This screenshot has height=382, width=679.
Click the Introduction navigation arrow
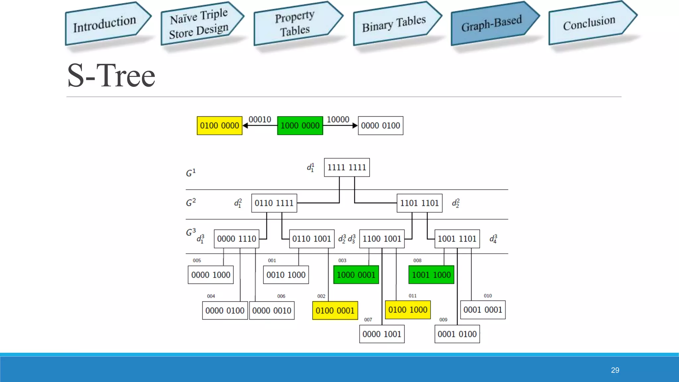pos(105,24)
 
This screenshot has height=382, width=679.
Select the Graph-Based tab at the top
pos(492,24)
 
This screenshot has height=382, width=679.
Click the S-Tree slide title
pos(111,76)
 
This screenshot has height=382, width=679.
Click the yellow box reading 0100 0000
pos(219,126)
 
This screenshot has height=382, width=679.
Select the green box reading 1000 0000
pos(300,126)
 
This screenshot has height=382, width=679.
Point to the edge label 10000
pos(338,119)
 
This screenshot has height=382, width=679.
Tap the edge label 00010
pos(260,119)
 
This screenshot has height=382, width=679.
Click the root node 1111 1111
pos(347,167)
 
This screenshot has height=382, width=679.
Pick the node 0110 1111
pos(274,203)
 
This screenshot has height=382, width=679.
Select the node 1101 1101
pos(419,203)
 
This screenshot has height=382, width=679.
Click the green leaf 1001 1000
pos(431,275)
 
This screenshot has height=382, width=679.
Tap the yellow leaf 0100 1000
pos(408,310)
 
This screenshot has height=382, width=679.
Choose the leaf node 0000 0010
pos(272,311)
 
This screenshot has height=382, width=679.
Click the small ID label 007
pos(368,320)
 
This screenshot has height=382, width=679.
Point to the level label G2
pos(191,202)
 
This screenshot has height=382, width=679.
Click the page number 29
pos(615,370)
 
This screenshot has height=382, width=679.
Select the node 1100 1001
pos(382,239)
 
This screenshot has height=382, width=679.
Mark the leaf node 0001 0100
pos(457,334)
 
